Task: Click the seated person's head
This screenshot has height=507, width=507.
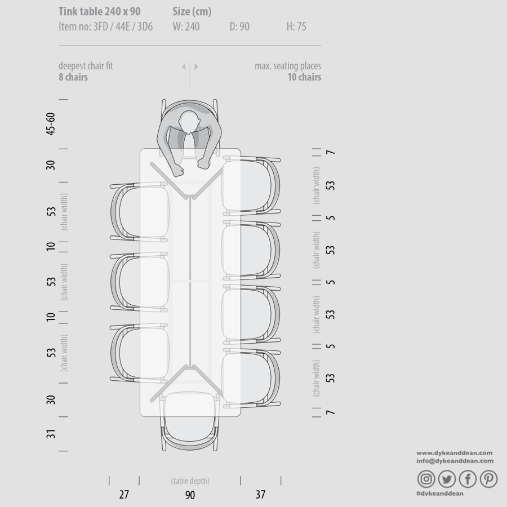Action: click(189, 122)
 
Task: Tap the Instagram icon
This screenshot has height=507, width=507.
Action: click(426, 478)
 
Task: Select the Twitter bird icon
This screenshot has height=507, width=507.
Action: click(447, 478)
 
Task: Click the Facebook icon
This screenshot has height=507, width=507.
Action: click(468, 478)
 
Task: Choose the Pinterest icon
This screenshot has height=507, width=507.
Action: click(488, 478)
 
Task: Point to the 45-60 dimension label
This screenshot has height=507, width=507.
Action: click(51, 123)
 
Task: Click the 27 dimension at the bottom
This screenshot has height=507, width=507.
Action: click(124, 495)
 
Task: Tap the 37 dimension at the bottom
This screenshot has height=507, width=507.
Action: click(260, 495)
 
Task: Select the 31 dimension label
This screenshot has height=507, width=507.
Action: click(51, 434)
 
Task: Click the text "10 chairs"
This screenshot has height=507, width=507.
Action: click(304, 77)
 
